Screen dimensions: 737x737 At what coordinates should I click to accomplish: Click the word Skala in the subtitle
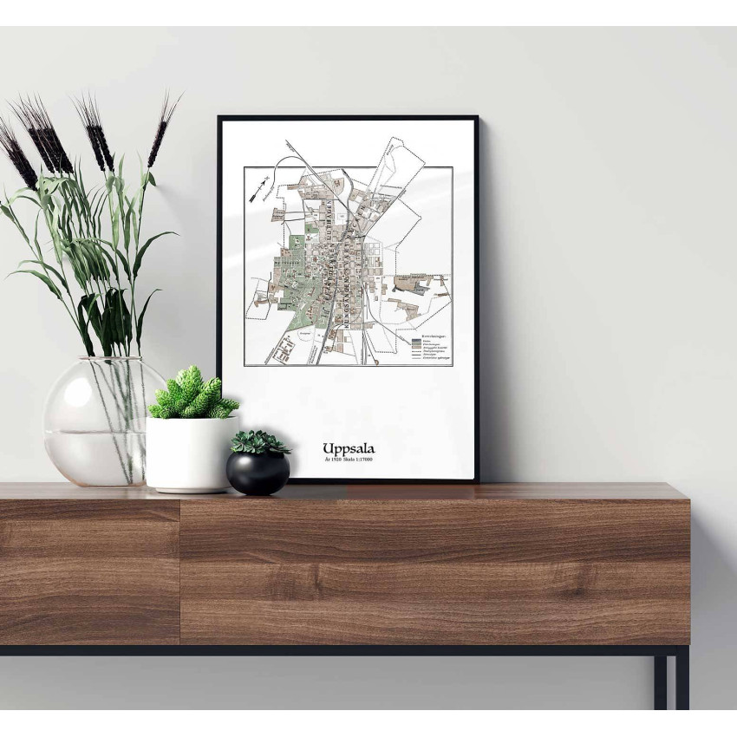pyautogui.click(x=349, y=459)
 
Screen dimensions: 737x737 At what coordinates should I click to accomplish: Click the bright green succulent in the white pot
pyautogui.click(x=192, y=395)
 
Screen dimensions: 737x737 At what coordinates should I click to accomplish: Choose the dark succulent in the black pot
pyautogui.click(x=258, y=442)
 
